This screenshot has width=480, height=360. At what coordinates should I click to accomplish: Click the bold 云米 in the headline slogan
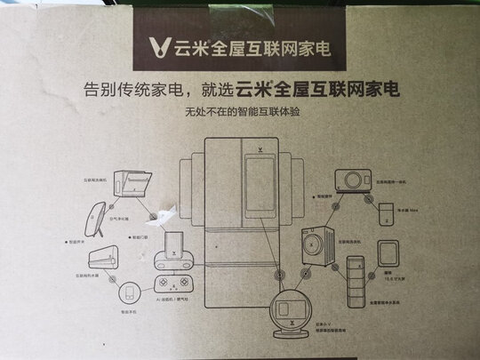click(253, 89)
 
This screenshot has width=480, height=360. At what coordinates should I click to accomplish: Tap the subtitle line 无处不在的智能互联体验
click(239, 113)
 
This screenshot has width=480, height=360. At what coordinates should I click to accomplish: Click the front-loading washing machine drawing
click(318, 244)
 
